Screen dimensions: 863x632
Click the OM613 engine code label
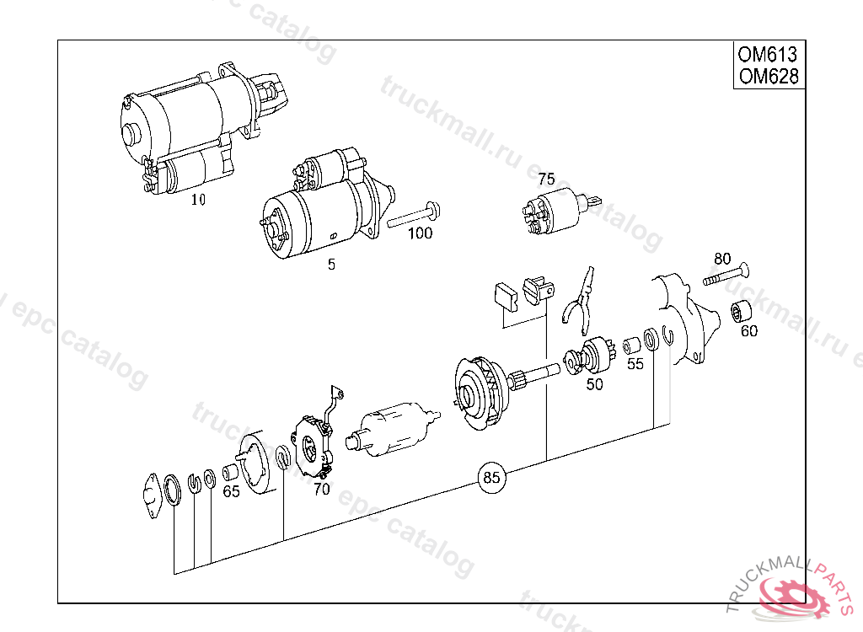pyautogui.click(x=766, y=55)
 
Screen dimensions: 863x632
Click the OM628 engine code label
pyautogui.click(x=766, y=77)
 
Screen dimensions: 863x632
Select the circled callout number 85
pyautogui.click(x=490, y=478)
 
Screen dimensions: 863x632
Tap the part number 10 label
pyautogui.click(x=198, y=200)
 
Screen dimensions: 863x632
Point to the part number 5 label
pyautogui.click(x=331, y=265)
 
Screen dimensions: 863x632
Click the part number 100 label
pyautogui.click(x=420, y=233)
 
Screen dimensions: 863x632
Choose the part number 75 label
pyautogui.click(x=546, y=179)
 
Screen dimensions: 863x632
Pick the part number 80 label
pyautogui.click(x=722, y=259)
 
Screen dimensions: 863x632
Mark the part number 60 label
pyautogui.click(x=749, y=331)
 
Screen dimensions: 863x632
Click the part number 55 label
pyautogui.click(x=635, y=364)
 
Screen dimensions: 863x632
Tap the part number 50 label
pyautogui.click(x=595, y=384)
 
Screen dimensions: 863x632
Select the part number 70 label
pyautogui.click(x=322, y=489)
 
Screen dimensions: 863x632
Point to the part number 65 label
pyautogui.click(x=231, y=491)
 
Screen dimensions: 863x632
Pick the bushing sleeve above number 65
pyautogui.click(x=229, y=472)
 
